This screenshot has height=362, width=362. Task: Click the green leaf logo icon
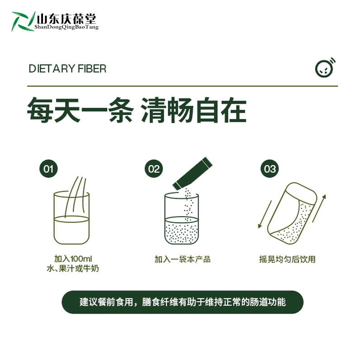pyautogui.click(x=23, y=21)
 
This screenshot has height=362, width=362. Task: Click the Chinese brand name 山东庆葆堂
pyautogui.click(x=67, y=19)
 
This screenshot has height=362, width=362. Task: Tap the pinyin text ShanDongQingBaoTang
pyautogui.click(x=67, y=27)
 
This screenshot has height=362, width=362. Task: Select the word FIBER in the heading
pyautogui.click(x=92, y=69)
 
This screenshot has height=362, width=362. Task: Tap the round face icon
pyautogui.click(x=325, y=67)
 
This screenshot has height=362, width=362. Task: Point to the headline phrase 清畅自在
pyautogui.click(x=194, y=110)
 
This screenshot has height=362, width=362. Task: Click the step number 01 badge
pyautogui.click(x=48, y=169)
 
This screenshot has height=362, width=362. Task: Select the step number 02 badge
pyautogui.click(x=154, y=169)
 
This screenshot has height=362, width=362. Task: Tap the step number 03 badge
pyautogui.click(x=270, y=169)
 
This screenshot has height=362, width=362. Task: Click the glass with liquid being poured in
pyautogui.click(x=71, y=218)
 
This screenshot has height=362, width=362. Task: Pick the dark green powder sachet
pyautogui.click(x=193, y=173)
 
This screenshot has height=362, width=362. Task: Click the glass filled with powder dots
pyautogui.click(x=181, y=218)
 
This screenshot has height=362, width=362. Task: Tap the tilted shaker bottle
pyautogui.click(x=292, y=213)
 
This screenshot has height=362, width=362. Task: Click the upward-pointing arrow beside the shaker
pyautogui.click(x=319, y=208)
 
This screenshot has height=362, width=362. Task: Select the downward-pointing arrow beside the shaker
pyautogui.click(x=265, y=214)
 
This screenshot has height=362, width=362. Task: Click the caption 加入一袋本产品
pyautogui.click(x=182, y=259)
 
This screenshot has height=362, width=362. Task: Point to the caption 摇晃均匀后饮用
pyautogui.click(x=287, y=259)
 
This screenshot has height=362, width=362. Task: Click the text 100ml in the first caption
pyautogui.click(x=81, y=259)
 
